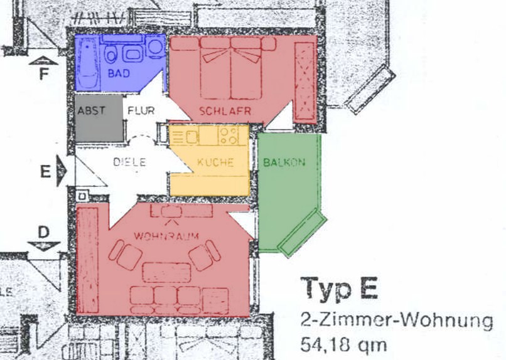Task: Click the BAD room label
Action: coord(119,73)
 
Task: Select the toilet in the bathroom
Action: coord(111,54)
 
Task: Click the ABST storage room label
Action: coord(91,110)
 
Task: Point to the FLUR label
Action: coord(141,110)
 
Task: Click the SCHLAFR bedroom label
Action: coord(225,111)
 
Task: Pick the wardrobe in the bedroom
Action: coord(304,82)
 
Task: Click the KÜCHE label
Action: coord(215,162)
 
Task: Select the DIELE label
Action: coord(130,162)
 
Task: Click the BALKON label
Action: coord(284,162)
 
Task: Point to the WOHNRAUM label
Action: coord(166,236)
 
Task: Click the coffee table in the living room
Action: coord(166,273)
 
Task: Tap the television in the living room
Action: coord(171,212)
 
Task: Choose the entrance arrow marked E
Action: coord(62,171)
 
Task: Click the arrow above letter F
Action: coord(43,60)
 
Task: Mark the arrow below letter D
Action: coord(43,246)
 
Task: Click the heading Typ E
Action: coord(339,289)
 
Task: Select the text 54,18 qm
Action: coord(343,346)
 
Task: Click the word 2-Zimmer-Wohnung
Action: coord(397,321)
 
